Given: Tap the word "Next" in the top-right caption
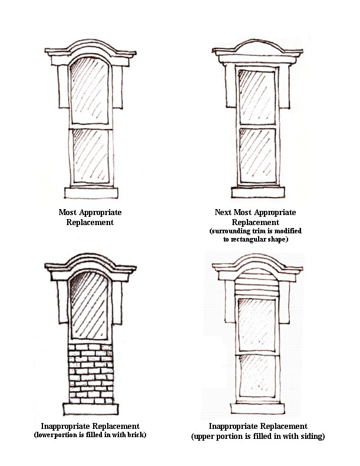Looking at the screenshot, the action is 223,212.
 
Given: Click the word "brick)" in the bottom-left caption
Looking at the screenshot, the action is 137,435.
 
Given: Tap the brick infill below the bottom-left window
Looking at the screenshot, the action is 91,374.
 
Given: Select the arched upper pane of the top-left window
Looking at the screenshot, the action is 90,91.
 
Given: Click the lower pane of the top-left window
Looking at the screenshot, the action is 91,156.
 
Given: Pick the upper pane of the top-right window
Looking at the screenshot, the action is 257,97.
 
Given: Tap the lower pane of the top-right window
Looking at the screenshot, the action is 257,156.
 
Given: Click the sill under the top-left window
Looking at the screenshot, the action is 91,193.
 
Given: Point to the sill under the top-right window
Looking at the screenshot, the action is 258,192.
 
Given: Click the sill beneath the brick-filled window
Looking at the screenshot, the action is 91,409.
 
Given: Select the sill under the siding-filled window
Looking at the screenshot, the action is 257,408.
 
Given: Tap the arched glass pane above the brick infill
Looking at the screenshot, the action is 89,306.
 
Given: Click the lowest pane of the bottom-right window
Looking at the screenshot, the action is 257,376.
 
